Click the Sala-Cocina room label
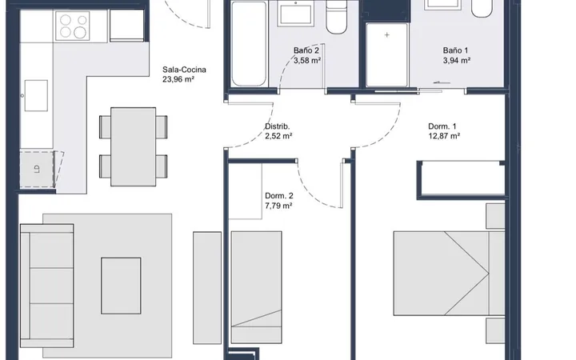[184, 70]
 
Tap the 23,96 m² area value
[178, 79]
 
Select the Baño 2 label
[306, 50]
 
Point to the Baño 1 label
[455, 50]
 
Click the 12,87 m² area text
[444, 136]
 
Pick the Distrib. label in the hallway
[278, 126]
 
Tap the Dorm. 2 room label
[279, 196]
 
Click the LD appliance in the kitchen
[37, 169]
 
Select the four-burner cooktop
[72, 26]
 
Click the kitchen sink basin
[36, 95]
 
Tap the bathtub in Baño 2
[249, 44]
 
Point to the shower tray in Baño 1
[387, 55]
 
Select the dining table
[133, 146]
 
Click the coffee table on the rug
[121, 286]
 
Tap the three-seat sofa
[47, 286]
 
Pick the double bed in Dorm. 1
[449, 274]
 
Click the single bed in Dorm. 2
[257, 287]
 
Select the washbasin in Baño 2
[296, 14]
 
